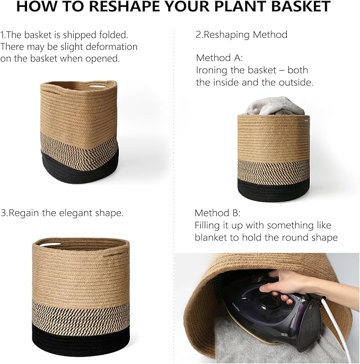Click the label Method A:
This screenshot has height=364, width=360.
[x=219, y=58]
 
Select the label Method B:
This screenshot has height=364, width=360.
[x=217, y=213]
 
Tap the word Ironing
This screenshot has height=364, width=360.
[x=213, y=70]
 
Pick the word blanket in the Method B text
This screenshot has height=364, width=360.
[x=212, y=238]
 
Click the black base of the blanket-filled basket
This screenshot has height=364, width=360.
[x=273, y=188]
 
